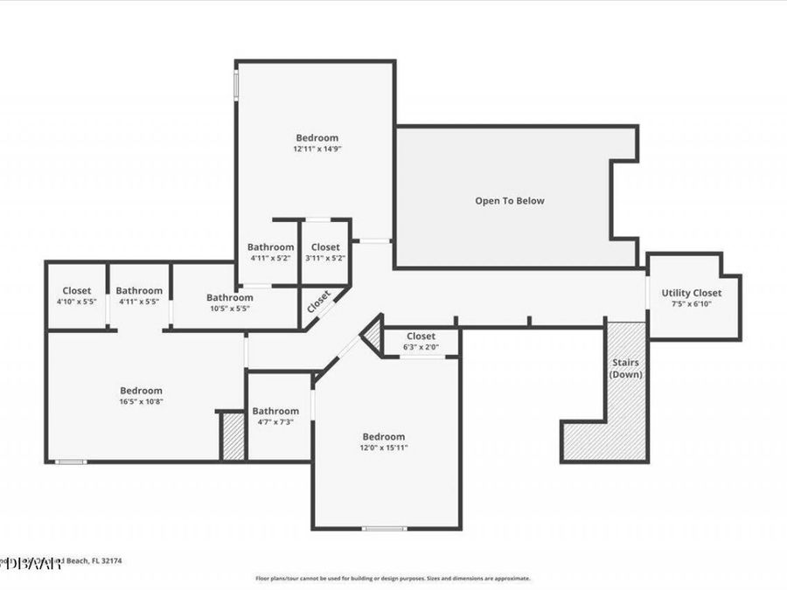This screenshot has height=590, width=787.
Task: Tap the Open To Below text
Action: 509,201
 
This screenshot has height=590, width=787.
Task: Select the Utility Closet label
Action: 692,293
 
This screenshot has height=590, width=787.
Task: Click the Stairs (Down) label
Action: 626,368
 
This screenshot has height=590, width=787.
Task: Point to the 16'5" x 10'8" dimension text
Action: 141,401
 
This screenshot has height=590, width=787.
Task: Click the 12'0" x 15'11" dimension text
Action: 383,448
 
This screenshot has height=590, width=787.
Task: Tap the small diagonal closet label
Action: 318,301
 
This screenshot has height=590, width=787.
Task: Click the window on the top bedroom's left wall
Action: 234,85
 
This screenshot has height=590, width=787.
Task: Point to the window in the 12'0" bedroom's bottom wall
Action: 384,528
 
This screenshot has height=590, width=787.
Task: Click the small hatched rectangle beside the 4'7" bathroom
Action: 233,436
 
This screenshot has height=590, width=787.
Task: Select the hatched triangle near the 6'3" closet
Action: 373,335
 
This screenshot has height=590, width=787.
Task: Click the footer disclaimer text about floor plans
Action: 393,578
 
